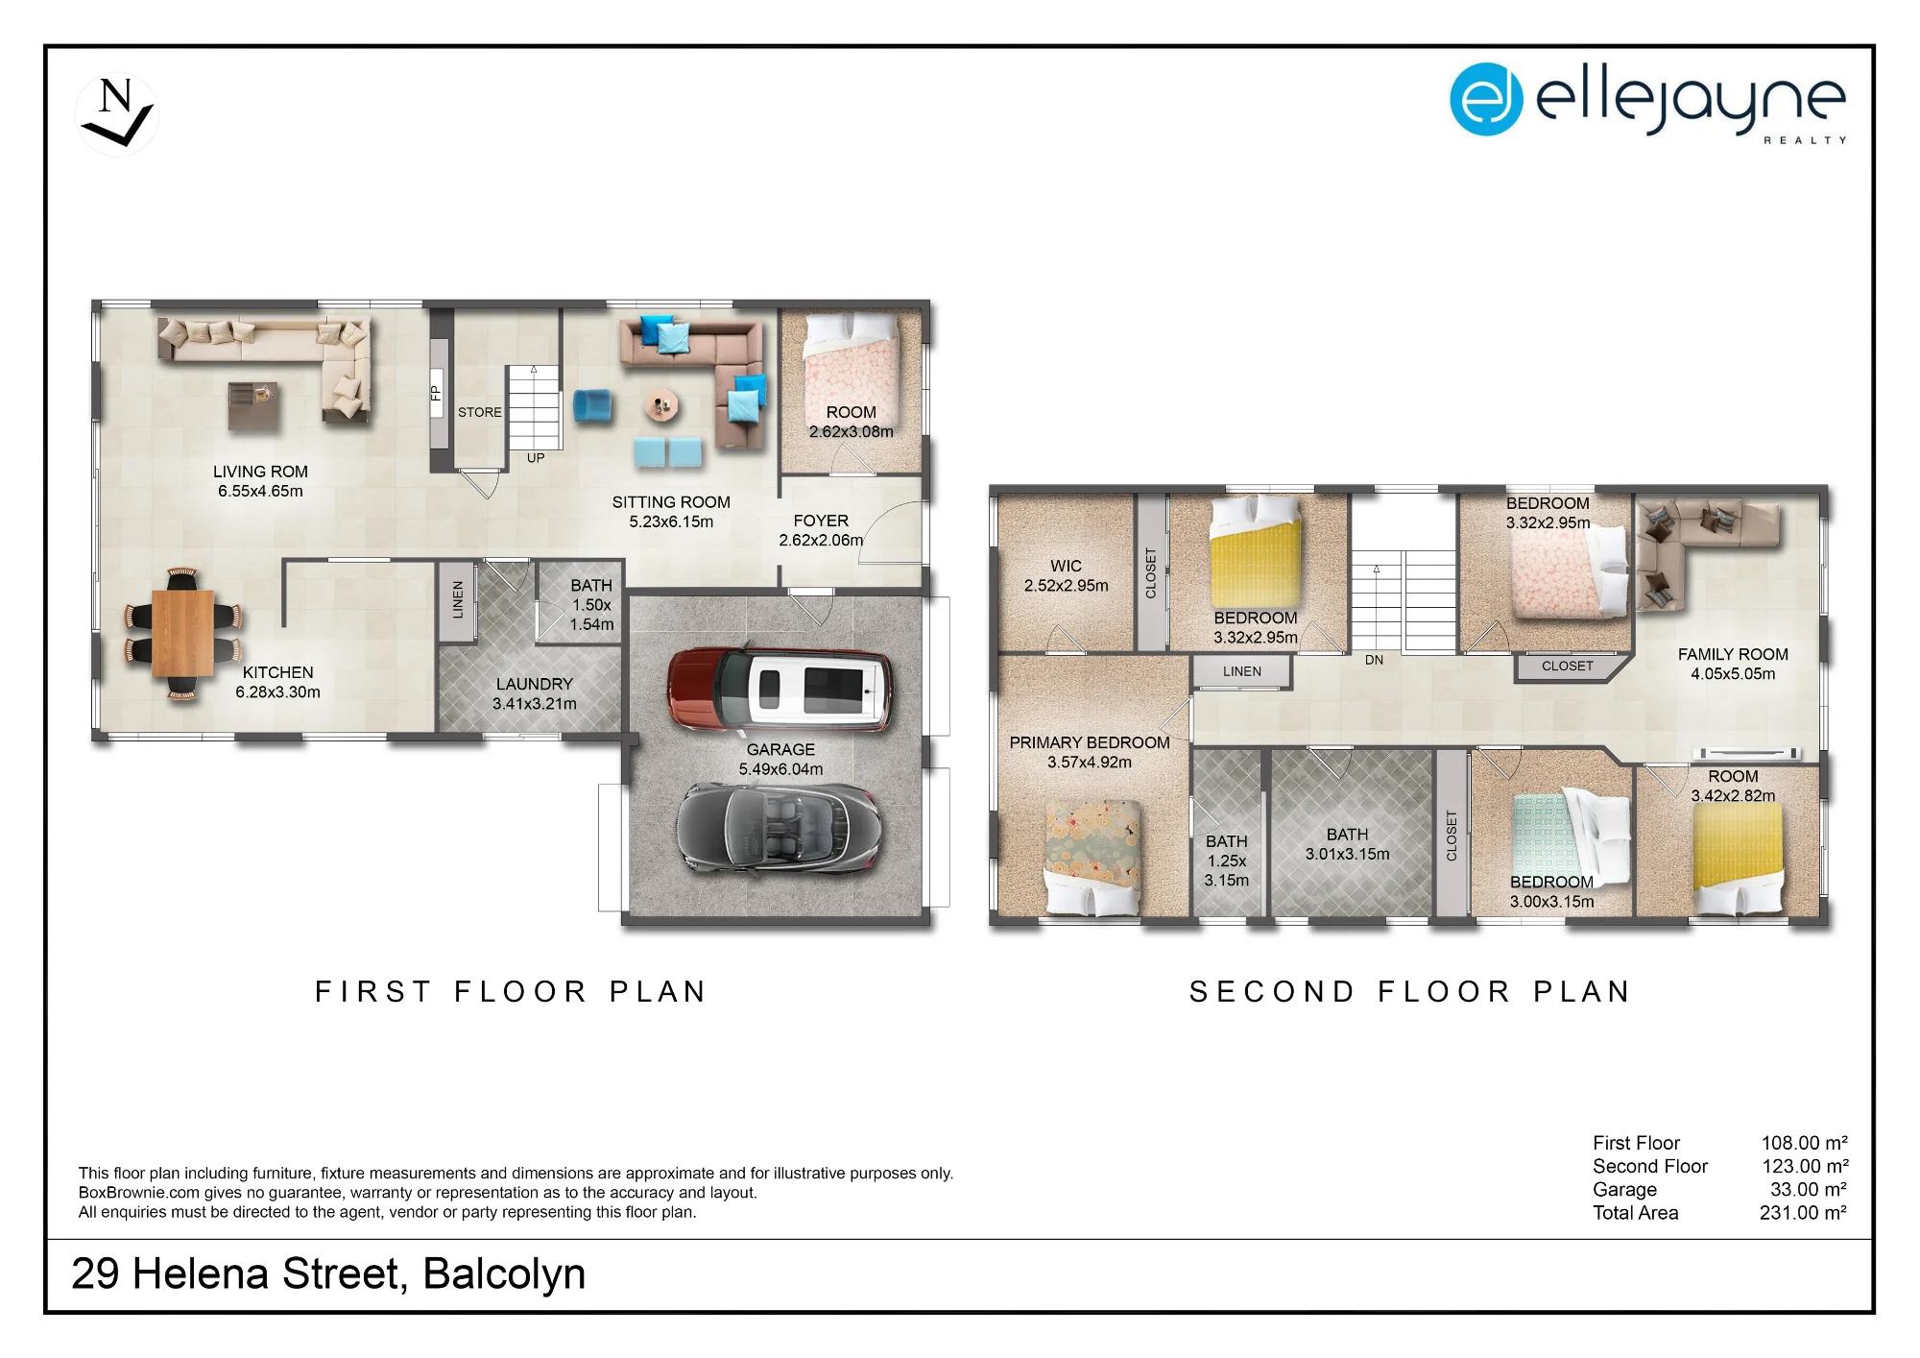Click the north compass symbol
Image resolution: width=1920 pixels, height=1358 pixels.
pos(117,114)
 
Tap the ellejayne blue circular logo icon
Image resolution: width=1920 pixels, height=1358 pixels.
pos(1486,99)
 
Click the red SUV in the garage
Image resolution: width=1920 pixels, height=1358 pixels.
pos(780,688)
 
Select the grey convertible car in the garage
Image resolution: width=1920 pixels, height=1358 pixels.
pos(779,829)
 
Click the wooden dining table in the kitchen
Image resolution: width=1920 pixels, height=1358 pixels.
pos(182,633)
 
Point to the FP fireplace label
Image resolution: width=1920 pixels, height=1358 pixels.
pos(436,393)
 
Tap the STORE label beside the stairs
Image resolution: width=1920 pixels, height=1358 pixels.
pos(480,412)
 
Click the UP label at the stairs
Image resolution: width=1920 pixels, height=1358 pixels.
pos(536,458)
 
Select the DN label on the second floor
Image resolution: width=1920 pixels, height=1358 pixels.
pos(1374,660)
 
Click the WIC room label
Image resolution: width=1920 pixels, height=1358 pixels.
pos(1066,566)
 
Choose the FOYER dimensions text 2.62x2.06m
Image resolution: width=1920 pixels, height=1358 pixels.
pos(821,540)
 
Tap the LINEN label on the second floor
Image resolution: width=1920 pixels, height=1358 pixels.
pos(1242,671)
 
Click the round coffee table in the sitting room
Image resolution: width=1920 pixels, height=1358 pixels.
pos(660,406)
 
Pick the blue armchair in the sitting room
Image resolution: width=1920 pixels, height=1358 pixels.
pos(591,405)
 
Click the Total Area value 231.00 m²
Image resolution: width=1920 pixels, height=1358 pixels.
pos(1804,1212)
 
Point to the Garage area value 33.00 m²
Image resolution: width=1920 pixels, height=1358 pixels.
pos(1809,1189)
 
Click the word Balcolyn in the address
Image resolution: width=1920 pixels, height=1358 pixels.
pos(504,1273)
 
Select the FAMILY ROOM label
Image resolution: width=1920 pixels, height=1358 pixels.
pos(1733,654)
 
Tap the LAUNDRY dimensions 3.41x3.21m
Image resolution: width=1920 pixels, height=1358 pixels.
pos(535,703)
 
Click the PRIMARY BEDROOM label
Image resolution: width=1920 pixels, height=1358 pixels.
pos(1090,742)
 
